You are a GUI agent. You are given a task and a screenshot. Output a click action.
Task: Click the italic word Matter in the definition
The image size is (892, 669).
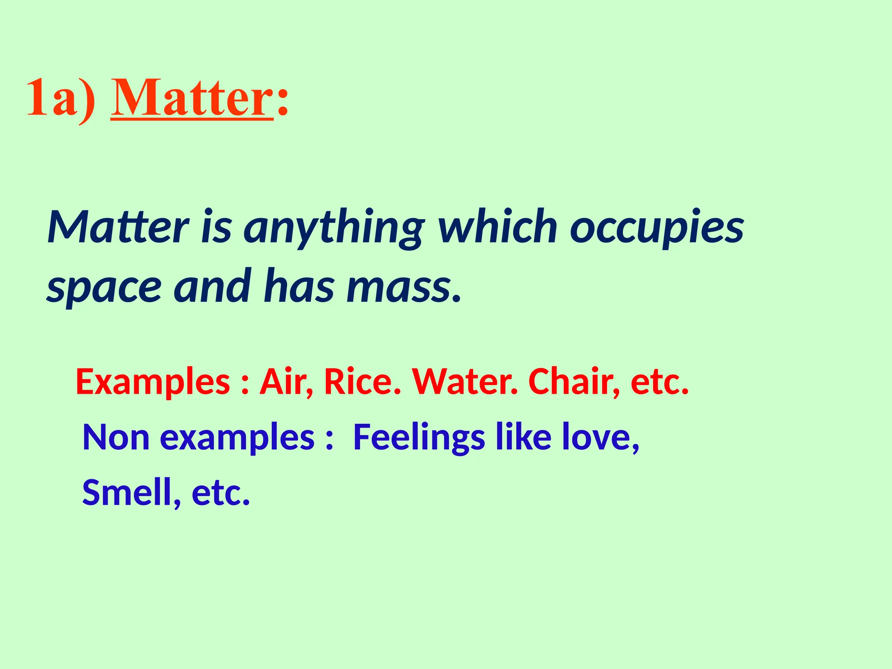tap(118, 227)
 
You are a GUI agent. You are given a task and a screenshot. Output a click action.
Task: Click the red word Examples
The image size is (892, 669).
tap(153, 382)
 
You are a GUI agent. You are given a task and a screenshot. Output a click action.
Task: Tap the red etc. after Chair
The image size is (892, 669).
tap(659, 382)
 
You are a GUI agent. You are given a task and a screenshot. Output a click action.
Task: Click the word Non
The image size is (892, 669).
tap(116, 437)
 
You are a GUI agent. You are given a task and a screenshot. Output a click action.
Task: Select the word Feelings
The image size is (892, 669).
tap(419, 437)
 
